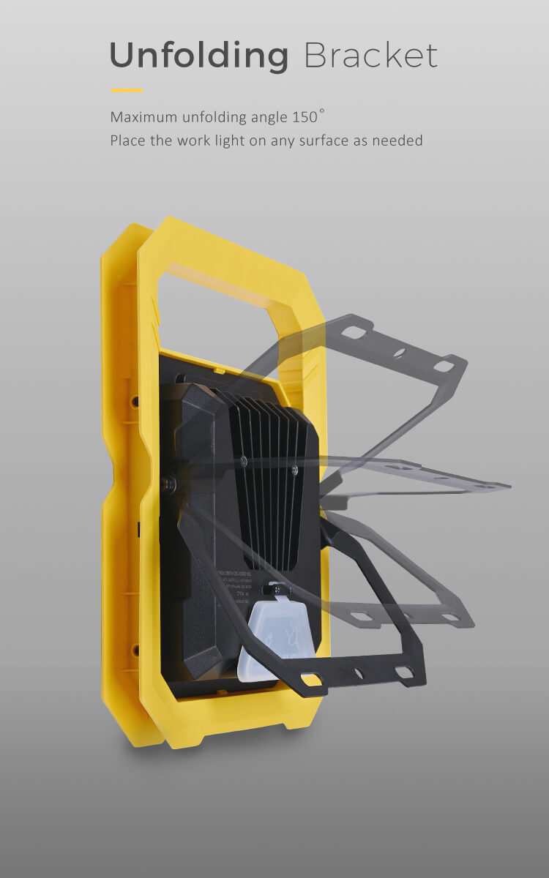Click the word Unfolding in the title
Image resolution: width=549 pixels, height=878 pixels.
(198, 56)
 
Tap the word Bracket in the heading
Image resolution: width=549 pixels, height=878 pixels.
(370, 56)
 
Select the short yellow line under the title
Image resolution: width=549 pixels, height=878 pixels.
(127, 91)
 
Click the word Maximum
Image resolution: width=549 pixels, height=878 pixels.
(143, 117)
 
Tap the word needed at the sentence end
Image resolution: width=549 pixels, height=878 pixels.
(398, 140)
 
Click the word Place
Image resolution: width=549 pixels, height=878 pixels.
(128, 140)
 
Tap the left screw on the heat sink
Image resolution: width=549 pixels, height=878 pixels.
(243, 460)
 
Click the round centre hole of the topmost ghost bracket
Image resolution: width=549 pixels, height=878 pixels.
(398, 353)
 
